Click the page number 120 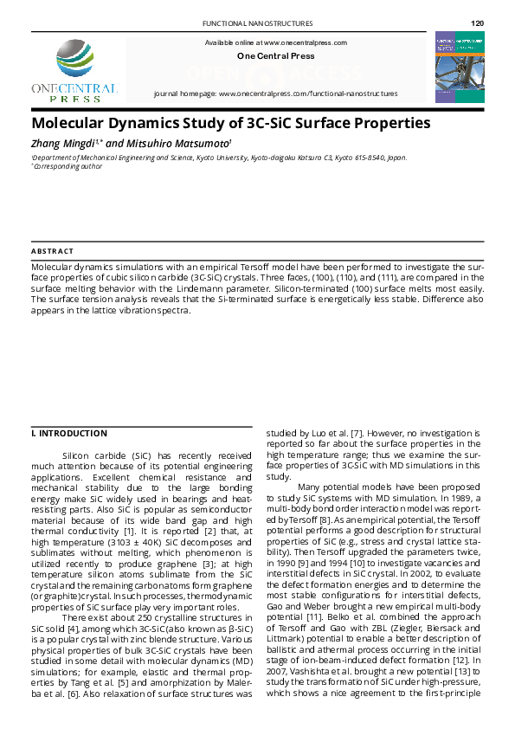click(477, 23)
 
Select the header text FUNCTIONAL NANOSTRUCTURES click(257, 23)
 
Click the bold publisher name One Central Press click(275, 56)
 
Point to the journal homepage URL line click(275, 93)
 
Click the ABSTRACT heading click(52, 250)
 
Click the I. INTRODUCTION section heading click(69, 433)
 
